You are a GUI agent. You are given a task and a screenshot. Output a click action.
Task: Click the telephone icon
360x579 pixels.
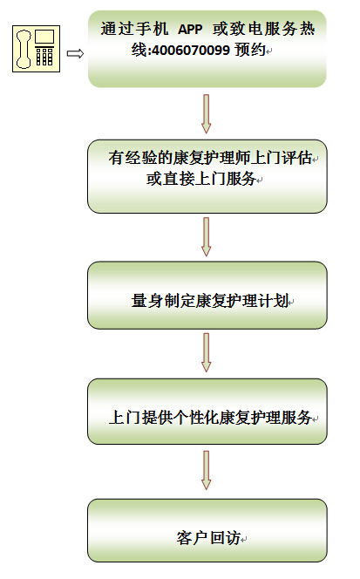coord(37,49)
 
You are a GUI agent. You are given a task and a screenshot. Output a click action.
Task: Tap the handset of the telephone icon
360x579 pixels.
coord(24,50)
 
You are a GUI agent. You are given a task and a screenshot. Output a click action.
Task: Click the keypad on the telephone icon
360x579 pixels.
coord(44,56)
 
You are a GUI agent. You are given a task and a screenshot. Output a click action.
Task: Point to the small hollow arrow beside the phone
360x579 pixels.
coord(75,54)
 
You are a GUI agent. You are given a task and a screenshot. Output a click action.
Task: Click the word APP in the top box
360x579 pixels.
coord(190,30)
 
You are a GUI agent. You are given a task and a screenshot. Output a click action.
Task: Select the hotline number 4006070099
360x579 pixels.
coord(191,50)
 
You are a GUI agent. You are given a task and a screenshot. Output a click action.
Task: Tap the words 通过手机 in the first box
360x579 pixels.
coord(134,29)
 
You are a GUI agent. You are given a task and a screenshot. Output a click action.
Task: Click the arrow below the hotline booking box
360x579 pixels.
coord(207,113)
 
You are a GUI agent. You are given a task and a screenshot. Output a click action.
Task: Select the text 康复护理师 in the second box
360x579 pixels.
coord(211,158)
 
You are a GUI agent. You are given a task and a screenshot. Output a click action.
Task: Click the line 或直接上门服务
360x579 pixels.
coord(201,179)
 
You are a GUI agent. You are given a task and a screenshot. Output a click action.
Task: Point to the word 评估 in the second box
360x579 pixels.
coord(296,158)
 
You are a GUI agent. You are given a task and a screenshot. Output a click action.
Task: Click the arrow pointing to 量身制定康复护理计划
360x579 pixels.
coord(207,236)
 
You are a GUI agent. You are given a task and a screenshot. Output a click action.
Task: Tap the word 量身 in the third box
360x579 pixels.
coord(147,300)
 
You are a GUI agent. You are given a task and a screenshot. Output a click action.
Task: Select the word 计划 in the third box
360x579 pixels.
coord(273,300)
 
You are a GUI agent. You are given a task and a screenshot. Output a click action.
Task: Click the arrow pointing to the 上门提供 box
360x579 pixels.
coord(207,352)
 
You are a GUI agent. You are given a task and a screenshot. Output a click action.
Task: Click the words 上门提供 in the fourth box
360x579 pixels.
coord(140,418)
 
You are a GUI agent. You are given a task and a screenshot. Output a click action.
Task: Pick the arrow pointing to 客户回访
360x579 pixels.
coord(207,470)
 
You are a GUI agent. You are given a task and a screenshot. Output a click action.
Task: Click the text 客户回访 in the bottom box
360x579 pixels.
coord(208,538)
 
